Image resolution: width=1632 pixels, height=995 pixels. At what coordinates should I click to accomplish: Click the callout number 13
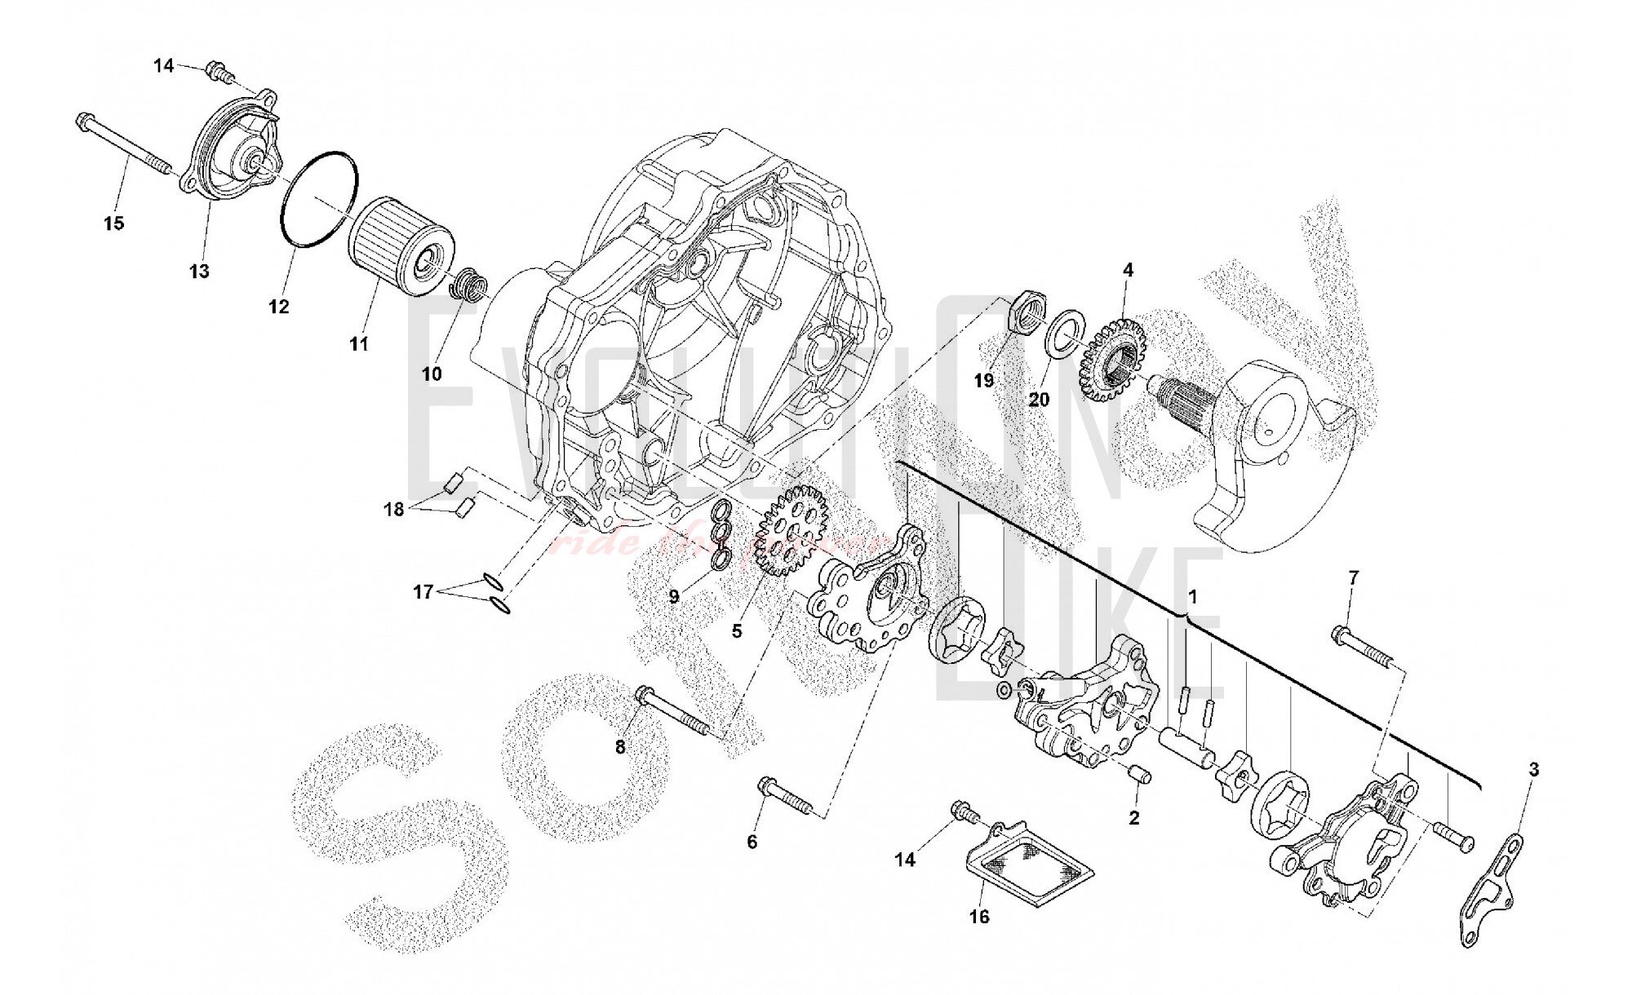(199, 271)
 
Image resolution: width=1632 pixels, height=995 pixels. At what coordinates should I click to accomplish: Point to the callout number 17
(423, 592)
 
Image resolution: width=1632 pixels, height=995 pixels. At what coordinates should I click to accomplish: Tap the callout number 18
(394, 510)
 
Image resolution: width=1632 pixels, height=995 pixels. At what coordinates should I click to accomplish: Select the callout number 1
(1192, 597)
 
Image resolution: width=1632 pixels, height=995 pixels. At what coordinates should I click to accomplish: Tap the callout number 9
(674, 597)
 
